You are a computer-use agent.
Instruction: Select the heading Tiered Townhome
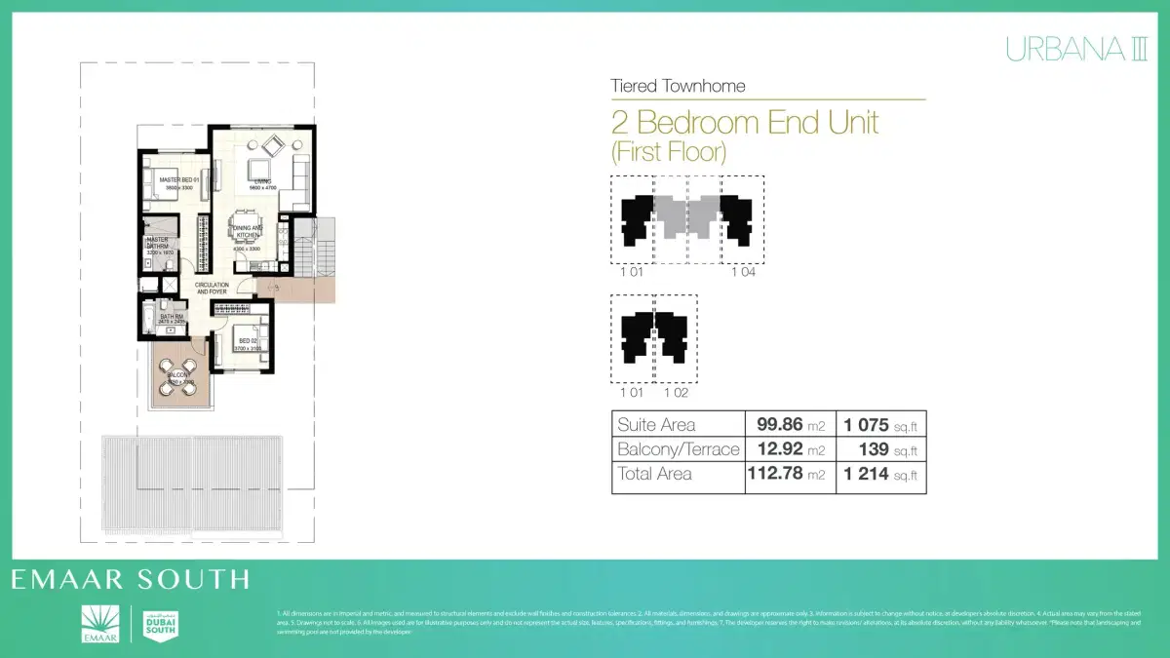pos(678,86)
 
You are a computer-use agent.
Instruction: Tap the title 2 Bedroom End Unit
pos(745,123)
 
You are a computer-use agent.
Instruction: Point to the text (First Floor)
pos(669,152)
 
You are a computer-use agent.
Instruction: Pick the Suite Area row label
pos(656,425)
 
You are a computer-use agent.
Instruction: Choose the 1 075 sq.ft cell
pos(880,425)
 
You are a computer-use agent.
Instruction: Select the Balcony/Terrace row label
pos(679,449)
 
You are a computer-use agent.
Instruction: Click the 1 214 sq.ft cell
pos(880,475)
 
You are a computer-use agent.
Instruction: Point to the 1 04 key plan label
pos(743,272)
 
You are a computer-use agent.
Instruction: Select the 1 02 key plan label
pos(677,393)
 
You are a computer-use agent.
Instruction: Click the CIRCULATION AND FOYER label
pos(211,289)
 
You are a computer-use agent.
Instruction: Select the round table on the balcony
pos(179,380)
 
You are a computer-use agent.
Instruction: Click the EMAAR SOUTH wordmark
pos(130,580)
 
